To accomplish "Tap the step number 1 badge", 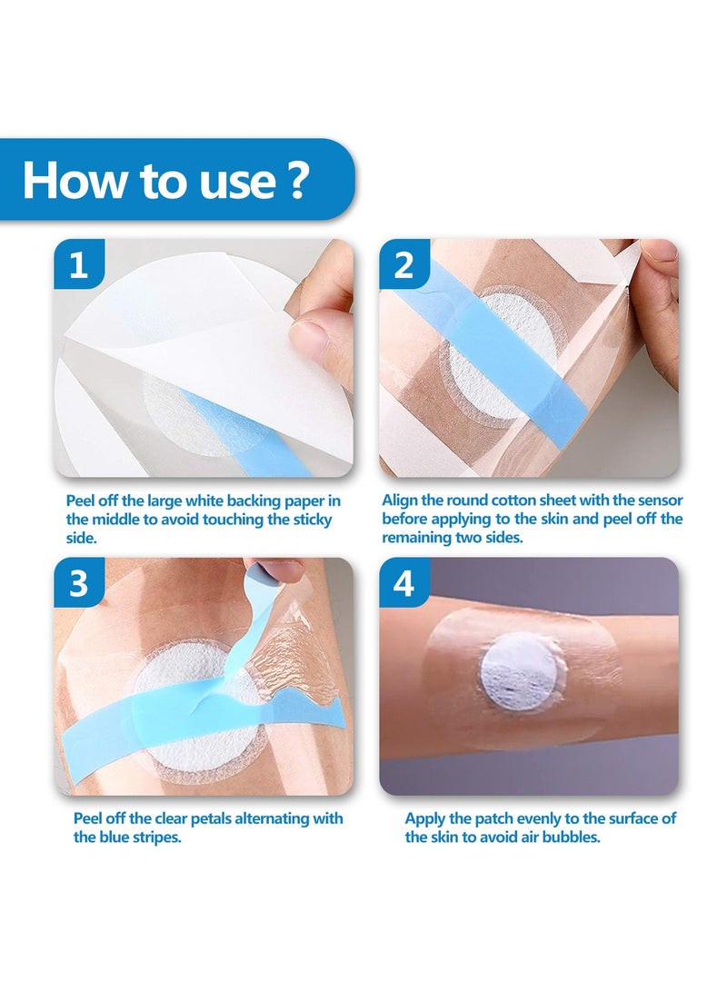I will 80,264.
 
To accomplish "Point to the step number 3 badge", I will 80,583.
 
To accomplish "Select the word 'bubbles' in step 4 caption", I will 570,837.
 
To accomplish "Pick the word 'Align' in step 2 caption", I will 400,500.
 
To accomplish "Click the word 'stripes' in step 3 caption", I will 154,837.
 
